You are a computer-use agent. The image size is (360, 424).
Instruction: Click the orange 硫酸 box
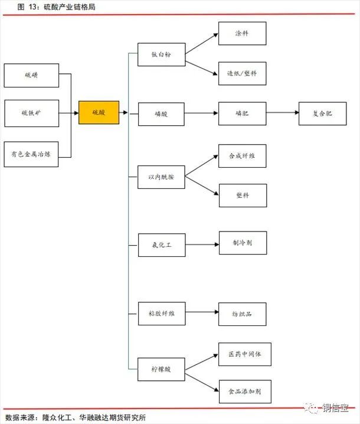99,112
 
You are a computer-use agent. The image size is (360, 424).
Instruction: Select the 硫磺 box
31,75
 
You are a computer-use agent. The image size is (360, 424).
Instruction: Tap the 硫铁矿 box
31,113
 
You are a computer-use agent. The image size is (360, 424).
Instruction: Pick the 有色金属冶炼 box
31,154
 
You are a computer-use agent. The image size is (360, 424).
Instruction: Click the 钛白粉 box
161,54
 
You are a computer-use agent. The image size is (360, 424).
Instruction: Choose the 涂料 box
242,34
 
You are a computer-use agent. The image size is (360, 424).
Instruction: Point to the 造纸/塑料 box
242,74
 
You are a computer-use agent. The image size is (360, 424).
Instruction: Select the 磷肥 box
242,113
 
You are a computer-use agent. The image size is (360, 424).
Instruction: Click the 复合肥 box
323,113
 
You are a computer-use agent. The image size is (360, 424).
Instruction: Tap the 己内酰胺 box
161,177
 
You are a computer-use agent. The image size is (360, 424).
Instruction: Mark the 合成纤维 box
242,156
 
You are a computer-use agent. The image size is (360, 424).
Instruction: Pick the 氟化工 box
161,244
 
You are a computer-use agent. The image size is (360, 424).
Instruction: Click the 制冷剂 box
242,243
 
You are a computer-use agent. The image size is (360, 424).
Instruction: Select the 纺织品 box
242,314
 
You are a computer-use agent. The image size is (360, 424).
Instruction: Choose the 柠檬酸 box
161,369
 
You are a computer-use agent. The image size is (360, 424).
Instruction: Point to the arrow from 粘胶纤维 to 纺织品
201,312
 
